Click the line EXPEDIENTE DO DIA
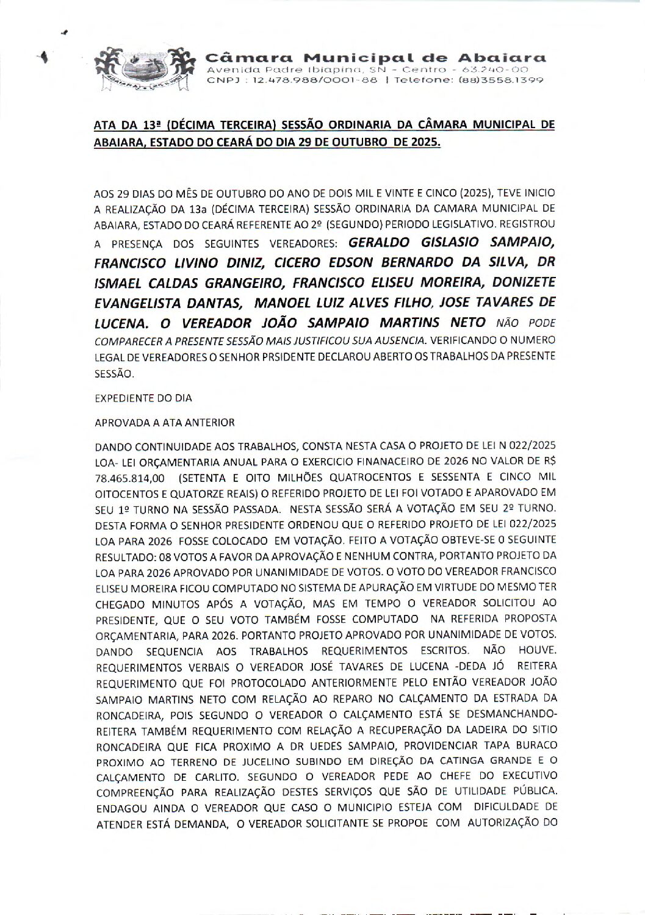143,398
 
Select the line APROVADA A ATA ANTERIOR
164,422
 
